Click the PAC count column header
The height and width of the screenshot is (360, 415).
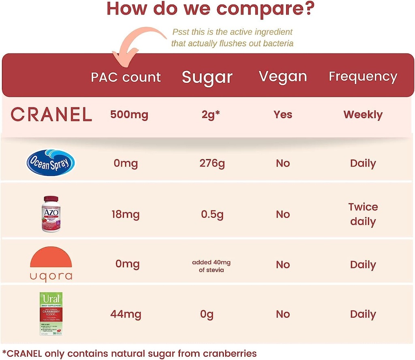tap(126, 77)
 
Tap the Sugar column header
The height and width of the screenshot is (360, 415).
tap(207, 77)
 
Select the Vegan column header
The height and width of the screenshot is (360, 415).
tap(283, 77)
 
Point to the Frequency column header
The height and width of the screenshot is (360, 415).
tap(363, 77)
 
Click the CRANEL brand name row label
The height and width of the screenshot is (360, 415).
tap(51, 115)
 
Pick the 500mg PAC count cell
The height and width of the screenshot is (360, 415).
tap(129, 115)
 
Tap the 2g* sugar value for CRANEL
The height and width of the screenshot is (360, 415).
tap(211, 115)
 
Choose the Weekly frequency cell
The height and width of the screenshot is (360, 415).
tap(363, 115)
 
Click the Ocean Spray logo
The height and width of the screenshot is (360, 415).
tap(51, 163)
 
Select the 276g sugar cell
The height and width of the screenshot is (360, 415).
tap(212, 163)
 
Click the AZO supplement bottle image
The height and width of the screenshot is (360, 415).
tap(50, 214)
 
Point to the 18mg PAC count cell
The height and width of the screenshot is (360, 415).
tap(126, 214)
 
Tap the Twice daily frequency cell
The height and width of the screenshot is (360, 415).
tap(363, 214)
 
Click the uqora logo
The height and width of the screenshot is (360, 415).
tap(51, 264)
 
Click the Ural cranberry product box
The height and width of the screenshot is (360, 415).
tap(51, 314)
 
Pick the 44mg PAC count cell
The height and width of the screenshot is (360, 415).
tap(126, 314)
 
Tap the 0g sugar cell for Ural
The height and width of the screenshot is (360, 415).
tap(207, 314)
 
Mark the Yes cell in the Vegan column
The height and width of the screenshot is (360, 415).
tap(282, 115)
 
